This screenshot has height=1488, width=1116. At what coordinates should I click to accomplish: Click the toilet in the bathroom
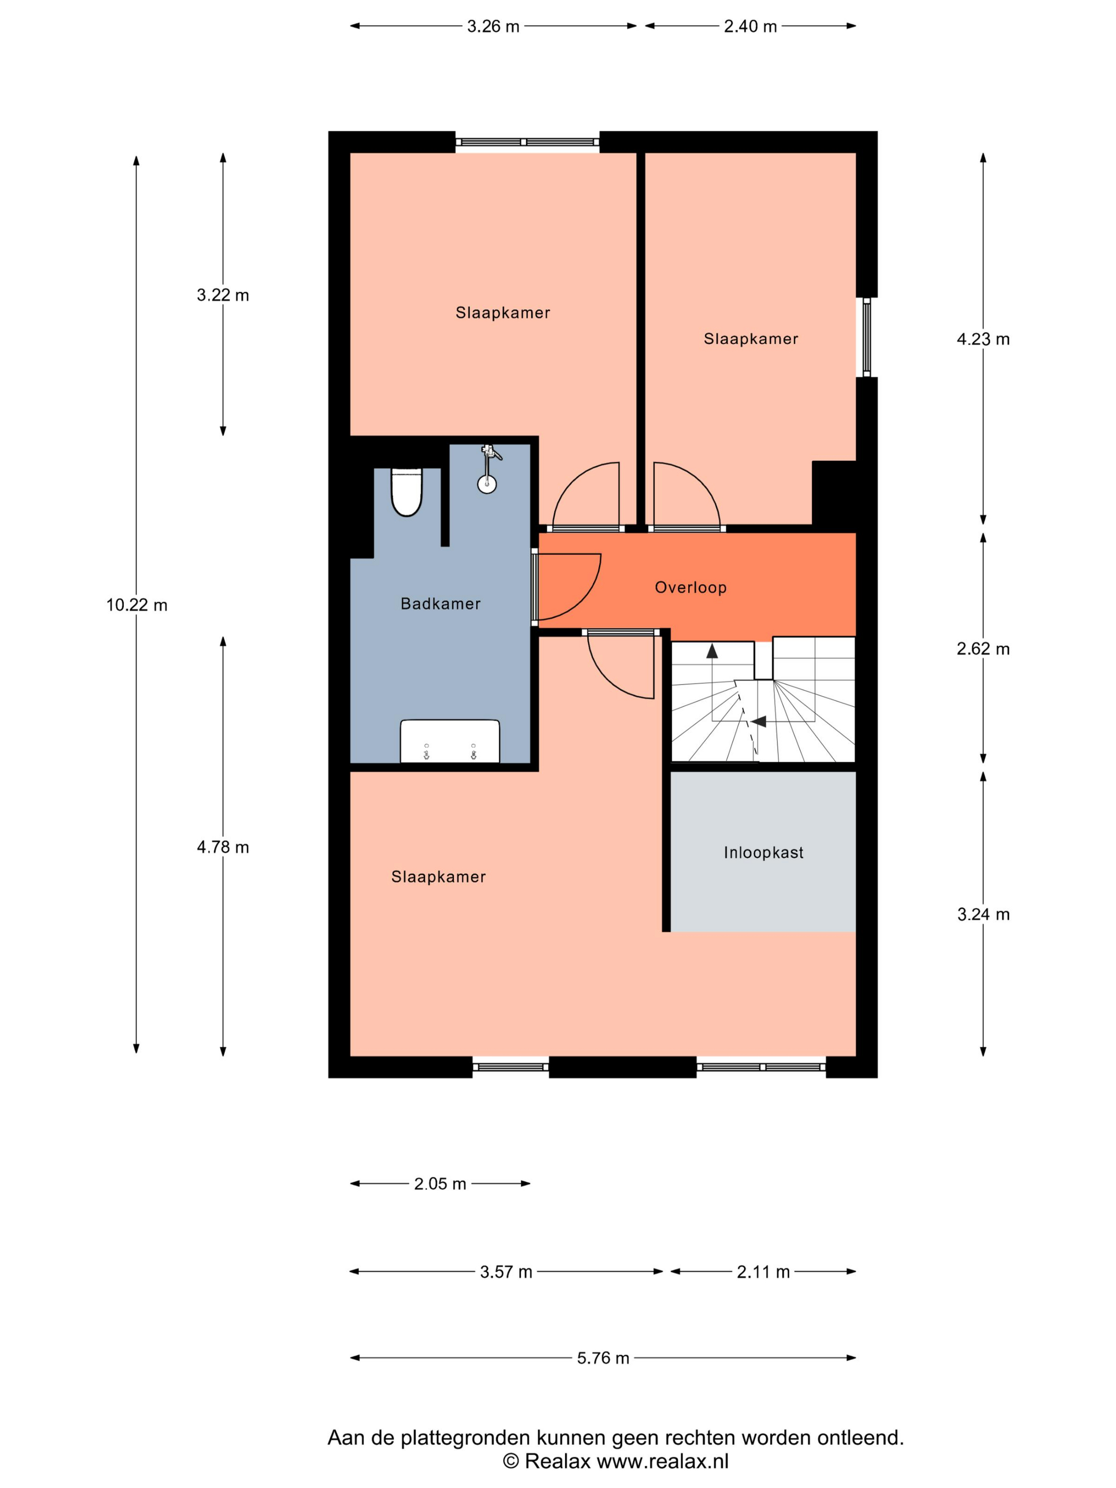(x=407, y=492)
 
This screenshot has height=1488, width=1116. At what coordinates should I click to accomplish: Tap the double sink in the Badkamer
(x=450, y=741)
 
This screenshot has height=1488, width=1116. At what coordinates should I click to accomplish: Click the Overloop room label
(x=690, y=587)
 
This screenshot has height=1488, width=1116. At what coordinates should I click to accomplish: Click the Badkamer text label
(x=441, y=603)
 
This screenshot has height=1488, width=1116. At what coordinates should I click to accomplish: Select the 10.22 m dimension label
(x=137, y=605)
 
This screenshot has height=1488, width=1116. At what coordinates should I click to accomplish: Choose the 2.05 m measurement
(x=440, y=1184)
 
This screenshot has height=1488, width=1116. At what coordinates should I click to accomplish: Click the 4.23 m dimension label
(x=983, y=339)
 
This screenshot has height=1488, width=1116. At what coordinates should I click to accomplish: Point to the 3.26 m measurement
(x=493, y=26)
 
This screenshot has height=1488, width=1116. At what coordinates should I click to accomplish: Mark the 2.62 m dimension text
(x=983, y=648)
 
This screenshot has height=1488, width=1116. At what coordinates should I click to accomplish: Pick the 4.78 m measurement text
(x=223, y=847)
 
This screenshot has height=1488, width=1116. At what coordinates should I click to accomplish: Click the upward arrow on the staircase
(x=712, y=650)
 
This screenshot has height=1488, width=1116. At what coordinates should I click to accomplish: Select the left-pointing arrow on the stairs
(x=759, y=722)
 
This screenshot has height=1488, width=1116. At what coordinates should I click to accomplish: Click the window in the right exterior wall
(x=866, y=337)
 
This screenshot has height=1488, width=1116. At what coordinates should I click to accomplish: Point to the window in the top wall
(x=527, y=142)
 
